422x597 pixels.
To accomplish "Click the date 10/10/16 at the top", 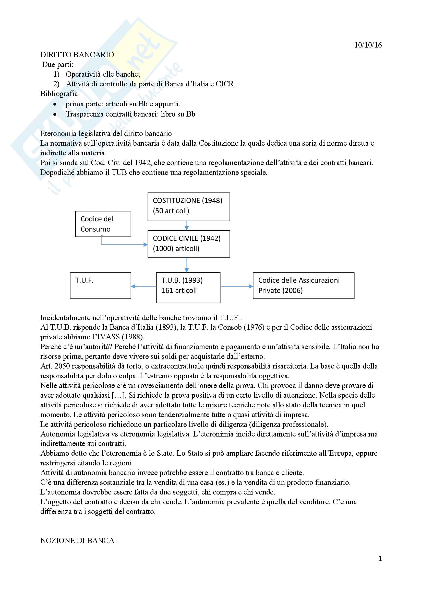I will click(368, 45).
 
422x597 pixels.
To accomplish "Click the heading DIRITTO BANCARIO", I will click(77, 55).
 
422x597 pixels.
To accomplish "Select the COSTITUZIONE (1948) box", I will click(188, 207).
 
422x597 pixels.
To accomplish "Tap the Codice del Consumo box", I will click(103, 224).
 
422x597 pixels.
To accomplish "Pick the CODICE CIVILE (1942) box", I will click(188, 244).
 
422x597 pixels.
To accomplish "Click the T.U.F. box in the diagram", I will click(100, 285).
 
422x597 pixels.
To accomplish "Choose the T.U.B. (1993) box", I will click(188, 288).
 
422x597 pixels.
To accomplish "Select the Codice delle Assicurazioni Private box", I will click(303, 285).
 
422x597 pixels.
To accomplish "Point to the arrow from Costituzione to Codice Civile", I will click(187, 225).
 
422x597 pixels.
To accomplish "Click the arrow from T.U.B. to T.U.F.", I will click(143, 286).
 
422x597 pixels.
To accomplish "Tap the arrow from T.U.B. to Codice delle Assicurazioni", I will click(236, 286).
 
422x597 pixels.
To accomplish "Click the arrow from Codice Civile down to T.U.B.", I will click(187, 265).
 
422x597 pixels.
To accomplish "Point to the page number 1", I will click(380, 559).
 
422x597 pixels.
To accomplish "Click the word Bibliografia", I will click(60, 94).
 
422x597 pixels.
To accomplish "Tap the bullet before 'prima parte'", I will click(55, 104).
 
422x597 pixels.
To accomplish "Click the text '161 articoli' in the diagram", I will click(179, 290).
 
